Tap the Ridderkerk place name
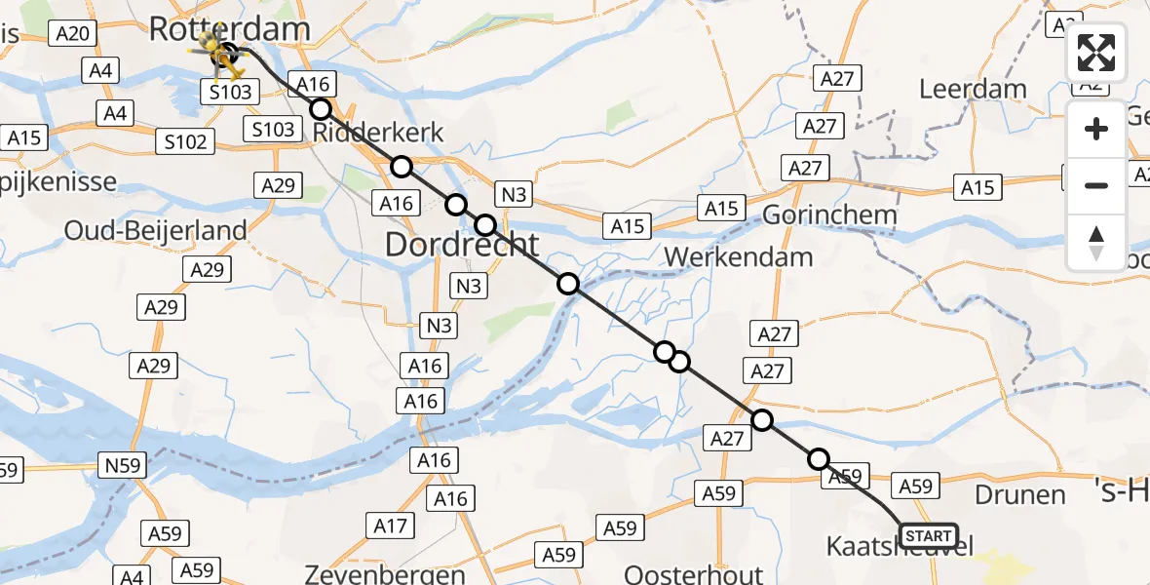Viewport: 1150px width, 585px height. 377,133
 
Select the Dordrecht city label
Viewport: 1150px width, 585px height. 462,244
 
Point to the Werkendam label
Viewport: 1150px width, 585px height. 738,257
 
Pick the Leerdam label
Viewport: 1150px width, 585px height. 973,90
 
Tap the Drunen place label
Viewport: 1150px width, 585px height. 1021,494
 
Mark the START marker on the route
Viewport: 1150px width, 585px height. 929,536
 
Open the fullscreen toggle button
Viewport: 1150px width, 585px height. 1096,53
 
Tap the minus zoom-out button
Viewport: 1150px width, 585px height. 1096,185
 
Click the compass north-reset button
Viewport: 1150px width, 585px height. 1096,242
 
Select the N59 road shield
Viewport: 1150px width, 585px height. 123,465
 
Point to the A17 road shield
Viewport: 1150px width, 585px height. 390,527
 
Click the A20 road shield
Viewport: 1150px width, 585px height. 74,34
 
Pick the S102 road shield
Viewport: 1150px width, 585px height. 185,142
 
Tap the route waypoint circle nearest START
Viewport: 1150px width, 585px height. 819,459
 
